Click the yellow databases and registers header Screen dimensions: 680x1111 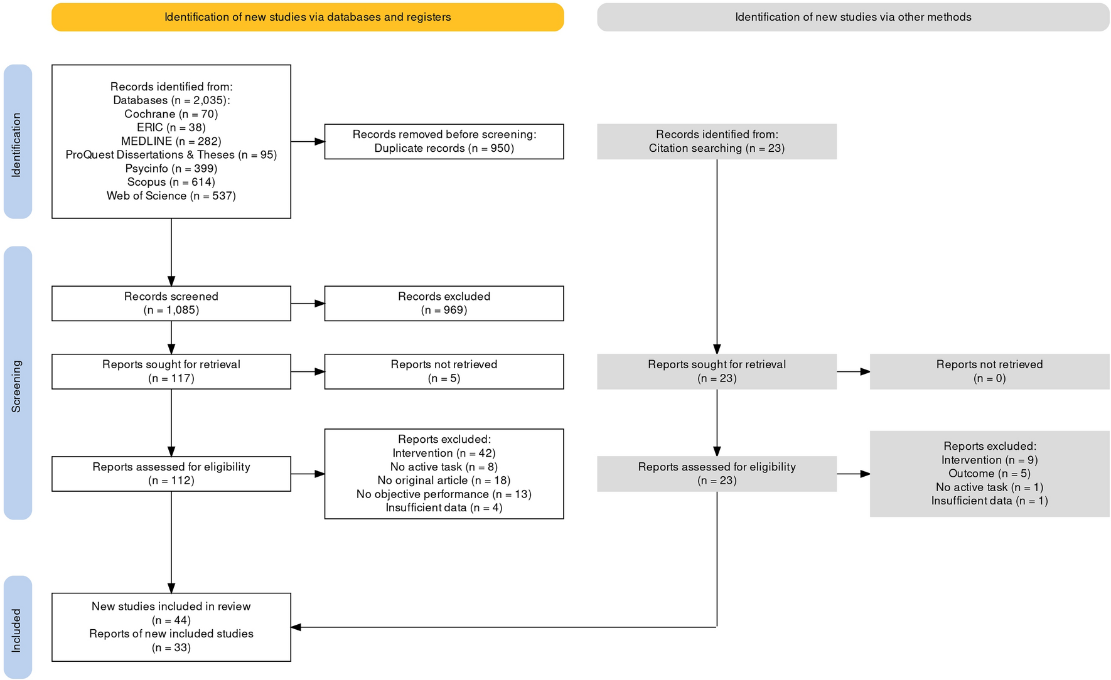pos(308,17)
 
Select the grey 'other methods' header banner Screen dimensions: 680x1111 pos(852,17)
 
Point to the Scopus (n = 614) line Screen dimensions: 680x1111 pos(171,182)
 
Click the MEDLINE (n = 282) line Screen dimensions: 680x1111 pos(171,141)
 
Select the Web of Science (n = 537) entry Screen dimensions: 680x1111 pos(171,196)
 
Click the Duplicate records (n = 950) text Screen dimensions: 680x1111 pos(444,149)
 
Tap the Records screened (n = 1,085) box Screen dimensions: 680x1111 pos(171,304)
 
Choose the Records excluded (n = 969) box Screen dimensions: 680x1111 pos(444,304)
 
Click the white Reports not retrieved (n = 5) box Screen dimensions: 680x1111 pos(444,371)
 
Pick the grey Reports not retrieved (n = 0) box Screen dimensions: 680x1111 pos(989,371)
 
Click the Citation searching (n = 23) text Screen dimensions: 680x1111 pos(716,149)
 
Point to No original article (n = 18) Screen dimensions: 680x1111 pos(444,481)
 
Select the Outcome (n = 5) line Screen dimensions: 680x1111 pos(989,474)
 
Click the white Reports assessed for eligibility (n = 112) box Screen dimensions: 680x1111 pos(171,474)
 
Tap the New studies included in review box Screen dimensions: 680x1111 pos(171,627)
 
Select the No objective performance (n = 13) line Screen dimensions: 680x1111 pos(444,494)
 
